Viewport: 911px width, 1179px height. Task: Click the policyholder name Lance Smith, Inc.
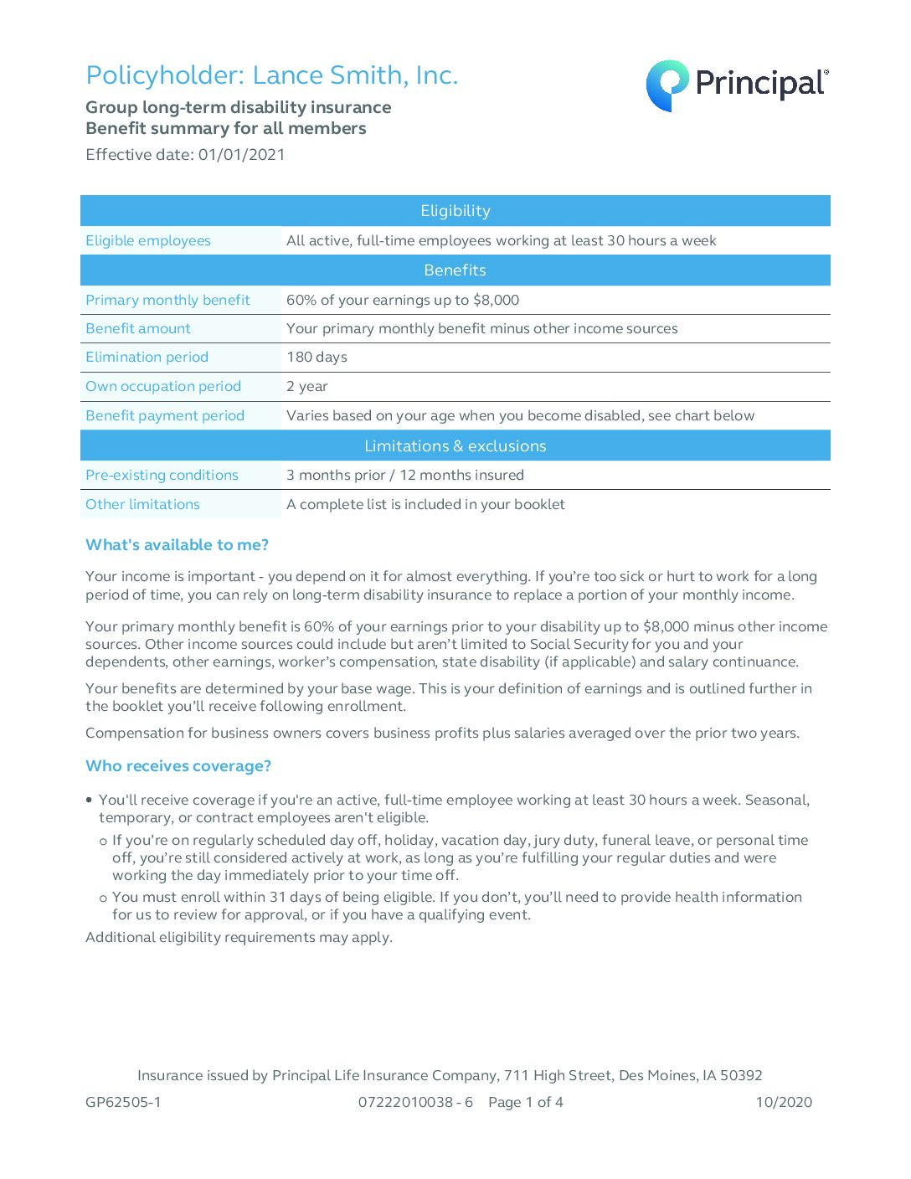(355, 75)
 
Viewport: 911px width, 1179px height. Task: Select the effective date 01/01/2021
(241, 155)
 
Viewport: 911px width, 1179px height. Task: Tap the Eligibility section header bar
(455, 211)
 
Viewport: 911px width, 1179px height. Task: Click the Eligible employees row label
(148, 241)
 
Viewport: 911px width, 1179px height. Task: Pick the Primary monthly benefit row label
(167, 301)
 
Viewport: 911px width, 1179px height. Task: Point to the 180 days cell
(317, 358)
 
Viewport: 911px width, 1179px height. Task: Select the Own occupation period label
(163, 387)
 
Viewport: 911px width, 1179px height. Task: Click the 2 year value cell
(307, 387)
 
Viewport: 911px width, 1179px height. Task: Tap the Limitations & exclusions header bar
(455, 446)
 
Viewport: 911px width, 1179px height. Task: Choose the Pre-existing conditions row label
(162, 476)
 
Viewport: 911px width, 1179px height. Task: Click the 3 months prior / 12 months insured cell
(405, 476)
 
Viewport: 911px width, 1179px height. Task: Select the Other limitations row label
(142, 505)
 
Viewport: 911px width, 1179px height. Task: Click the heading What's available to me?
(177, 545)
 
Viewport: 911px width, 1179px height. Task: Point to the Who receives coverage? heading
(178, 766)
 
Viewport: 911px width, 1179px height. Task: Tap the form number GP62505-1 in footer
(123, 1103)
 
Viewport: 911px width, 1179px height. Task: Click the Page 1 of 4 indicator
(526, 1103)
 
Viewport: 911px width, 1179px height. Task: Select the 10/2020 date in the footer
(784, 1103)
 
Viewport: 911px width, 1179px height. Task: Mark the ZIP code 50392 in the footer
(741, 1076)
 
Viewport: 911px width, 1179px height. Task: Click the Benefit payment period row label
(165, 416)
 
